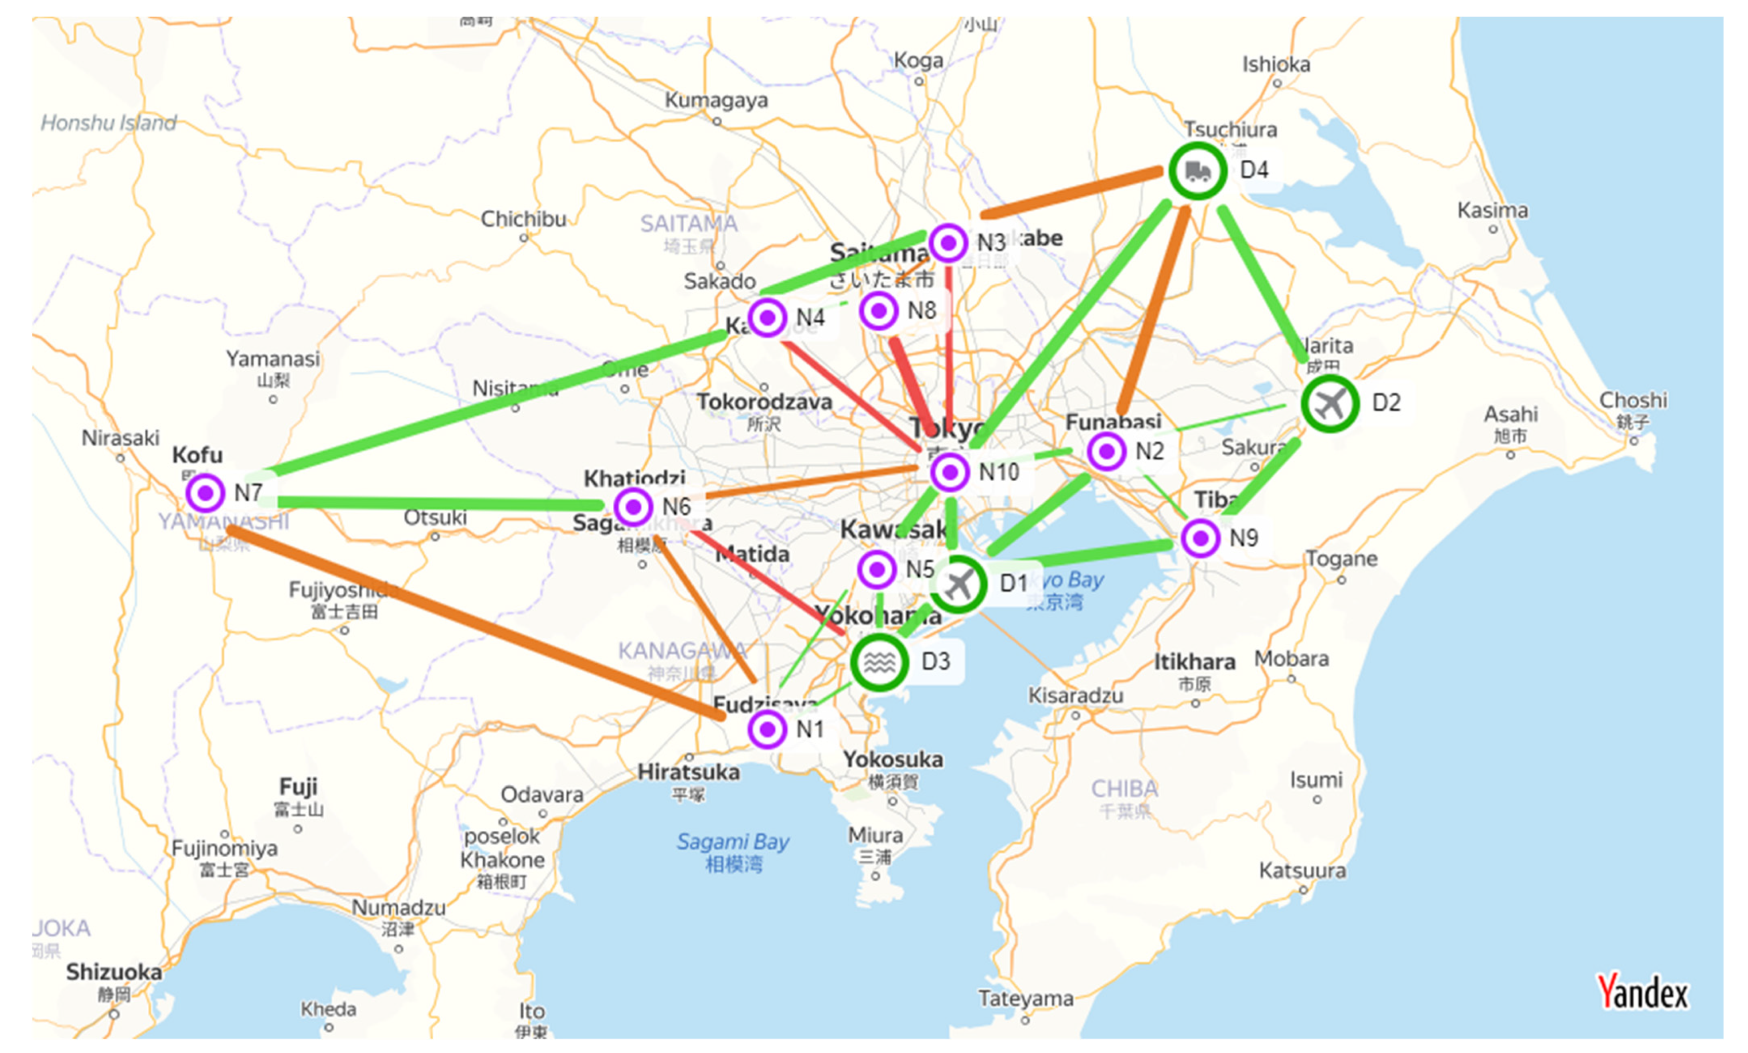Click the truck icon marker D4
1197,171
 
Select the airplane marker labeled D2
1330,404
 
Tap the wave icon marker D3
879,662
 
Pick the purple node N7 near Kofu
206,492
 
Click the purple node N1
767,729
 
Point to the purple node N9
1200,538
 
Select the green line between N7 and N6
440,503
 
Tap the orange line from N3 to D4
1071,193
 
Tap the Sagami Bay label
733,843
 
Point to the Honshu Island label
108,123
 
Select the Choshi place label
1633,400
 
